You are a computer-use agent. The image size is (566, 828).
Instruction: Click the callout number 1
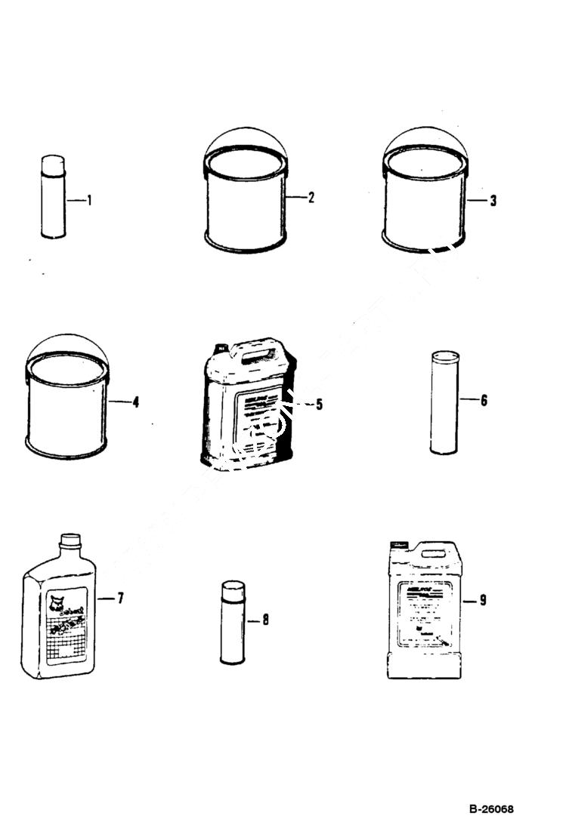[89, 201]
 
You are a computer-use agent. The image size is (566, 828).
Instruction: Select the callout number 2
[311, 198]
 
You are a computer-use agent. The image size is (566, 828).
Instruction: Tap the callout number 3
[493, 201]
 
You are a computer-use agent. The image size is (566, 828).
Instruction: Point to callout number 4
[135, 402]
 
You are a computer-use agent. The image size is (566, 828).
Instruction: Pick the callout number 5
[319, 405]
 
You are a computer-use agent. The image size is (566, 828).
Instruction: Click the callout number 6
[484, 400]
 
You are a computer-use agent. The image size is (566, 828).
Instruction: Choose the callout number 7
[120, 599]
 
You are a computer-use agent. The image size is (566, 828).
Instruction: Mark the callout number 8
[265, 620]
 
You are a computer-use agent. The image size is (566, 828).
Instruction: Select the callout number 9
[483, 600]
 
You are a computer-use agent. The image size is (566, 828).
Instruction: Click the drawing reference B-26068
[491, 809]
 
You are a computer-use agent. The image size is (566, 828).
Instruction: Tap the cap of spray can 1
[53, 164]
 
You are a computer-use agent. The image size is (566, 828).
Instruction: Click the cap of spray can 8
[233, 588]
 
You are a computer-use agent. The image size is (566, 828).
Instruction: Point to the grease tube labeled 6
[444, 404]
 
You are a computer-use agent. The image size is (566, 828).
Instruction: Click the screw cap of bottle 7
[70, 540]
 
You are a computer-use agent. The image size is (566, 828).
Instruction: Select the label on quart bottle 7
[66, 623]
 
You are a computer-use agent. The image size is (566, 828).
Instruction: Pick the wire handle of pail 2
[246, 132]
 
